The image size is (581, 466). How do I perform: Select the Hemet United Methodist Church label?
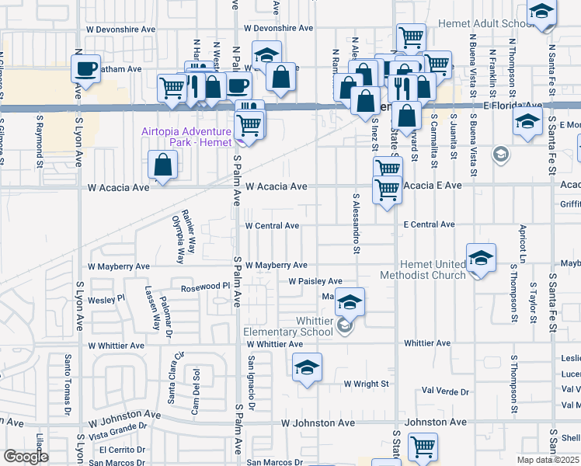click(423, 270)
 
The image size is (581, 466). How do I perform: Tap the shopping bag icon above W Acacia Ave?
click(163, 165)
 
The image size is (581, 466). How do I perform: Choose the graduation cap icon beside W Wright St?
click(308, 369)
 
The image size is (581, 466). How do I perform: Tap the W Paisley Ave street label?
click(315, 281)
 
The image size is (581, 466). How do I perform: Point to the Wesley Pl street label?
click(106, 299)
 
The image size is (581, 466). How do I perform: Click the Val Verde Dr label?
click(444, 391)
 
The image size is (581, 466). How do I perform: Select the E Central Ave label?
click(429, 224)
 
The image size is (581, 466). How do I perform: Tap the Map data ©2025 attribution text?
click(548, 460)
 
